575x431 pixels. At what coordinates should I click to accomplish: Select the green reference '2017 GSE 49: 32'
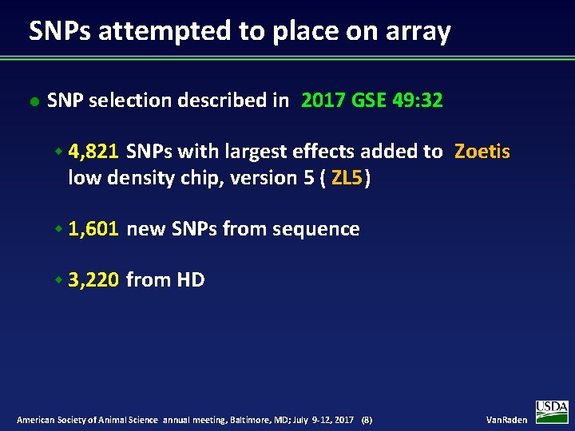372,101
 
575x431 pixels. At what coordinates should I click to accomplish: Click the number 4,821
94,152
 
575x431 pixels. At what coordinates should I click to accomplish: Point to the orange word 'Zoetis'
482,152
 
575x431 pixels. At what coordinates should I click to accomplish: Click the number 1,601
94,229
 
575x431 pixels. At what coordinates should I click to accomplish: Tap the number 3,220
94,280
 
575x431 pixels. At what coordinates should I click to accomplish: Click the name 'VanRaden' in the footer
506,420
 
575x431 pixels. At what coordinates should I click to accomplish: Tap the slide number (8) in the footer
367,420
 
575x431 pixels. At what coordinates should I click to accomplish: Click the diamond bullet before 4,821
59,152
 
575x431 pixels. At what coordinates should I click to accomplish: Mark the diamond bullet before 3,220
59,280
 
